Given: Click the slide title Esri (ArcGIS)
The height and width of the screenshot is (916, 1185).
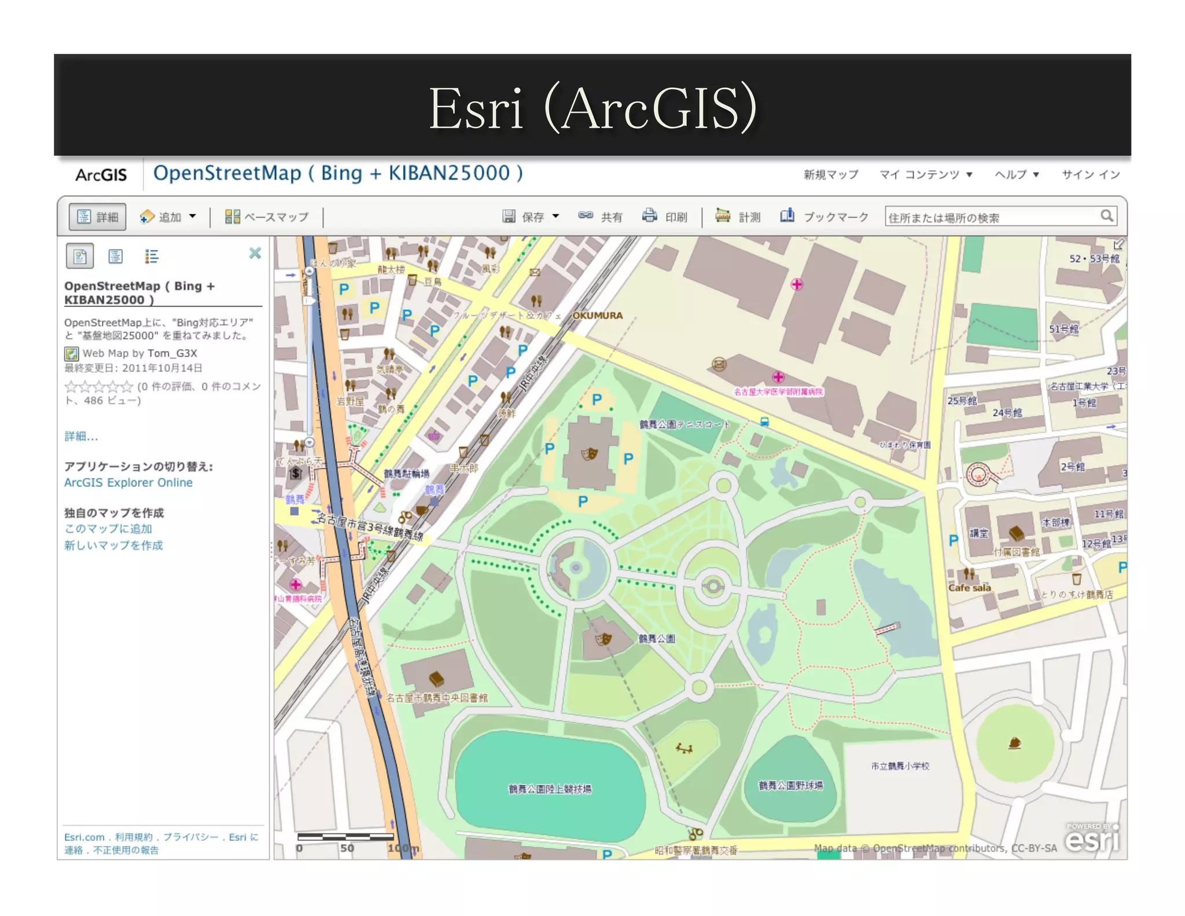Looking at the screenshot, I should [592, 108].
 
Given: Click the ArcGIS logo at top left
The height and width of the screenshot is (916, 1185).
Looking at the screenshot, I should [101, 174].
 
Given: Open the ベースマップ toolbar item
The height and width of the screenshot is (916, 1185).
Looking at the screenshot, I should [267, 217].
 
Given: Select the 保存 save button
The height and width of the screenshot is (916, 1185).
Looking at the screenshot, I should [530, 217].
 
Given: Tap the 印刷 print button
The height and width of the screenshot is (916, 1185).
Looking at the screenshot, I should [664, 217].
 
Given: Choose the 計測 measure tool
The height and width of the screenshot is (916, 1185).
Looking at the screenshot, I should [738, 217].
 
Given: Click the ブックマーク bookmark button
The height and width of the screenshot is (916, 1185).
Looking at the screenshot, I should [825, 217].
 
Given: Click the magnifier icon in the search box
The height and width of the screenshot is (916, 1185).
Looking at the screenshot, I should [1106, 216].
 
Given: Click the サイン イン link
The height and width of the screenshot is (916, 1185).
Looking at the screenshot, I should [1091, 174].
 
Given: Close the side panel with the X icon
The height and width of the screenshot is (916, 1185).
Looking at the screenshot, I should [255, 253].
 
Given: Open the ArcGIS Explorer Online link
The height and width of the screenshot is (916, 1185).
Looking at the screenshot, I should [128, 482].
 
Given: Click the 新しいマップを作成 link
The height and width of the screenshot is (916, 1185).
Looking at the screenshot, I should [113, 545].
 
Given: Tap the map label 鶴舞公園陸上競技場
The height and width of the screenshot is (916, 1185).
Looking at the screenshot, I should [550, 789].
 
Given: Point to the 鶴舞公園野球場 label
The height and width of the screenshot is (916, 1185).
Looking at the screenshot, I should [790, 785].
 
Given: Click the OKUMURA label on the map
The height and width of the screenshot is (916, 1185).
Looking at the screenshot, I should [597, 316].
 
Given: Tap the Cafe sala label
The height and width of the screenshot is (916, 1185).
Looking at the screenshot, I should [969, 588].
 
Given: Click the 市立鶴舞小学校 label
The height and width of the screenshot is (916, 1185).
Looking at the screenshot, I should [900, 766].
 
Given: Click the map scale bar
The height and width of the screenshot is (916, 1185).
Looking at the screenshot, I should [345, 837].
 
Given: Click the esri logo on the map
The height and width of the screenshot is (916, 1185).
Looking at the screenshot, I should [1092, 840].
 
